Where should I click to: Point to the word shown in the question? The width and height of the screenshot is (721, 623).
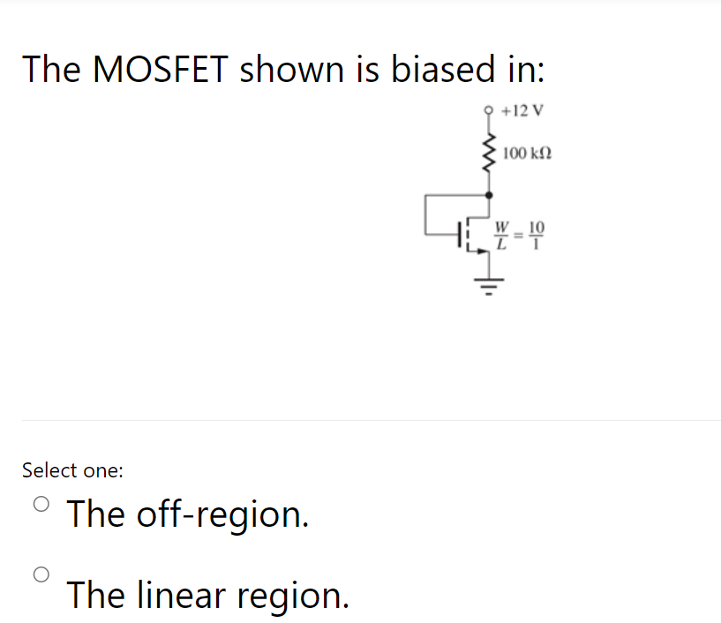click(289, 69)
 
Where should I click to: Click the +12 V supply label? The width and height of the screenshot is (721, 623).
click(522, 111)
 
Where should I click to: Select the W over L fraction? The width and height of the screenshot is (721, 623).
click(502, 234)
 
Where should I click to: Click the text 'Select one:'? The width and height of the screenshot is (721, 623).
click(72, 470)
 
